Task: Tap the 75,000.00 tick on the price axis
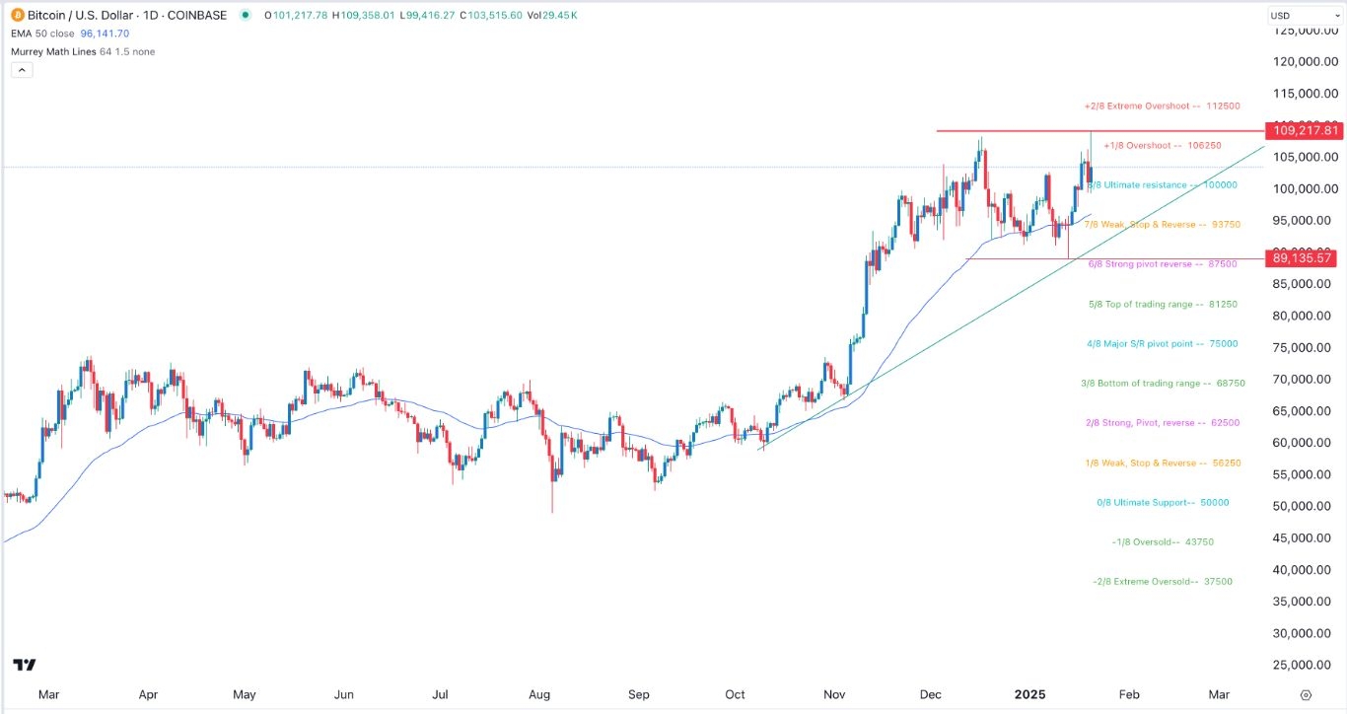(x=1304, y=348)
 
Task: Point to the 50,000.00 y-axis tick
(x=1304, y=507)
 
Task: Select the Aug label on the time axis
(x=539, y=695)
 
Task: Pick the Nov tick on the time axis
(x=834, y=695)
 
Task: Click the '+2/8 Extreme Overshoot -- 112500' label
(x=1162, y=106)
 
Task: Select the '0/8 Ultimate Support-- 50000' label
(x=1163, y=503)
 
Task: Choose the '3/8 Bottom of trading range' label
(x=1161, y=384)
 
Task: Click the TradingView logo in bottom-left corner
(x=25, y=665)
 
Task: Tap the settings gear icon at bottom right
(x=1306, y=695)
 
